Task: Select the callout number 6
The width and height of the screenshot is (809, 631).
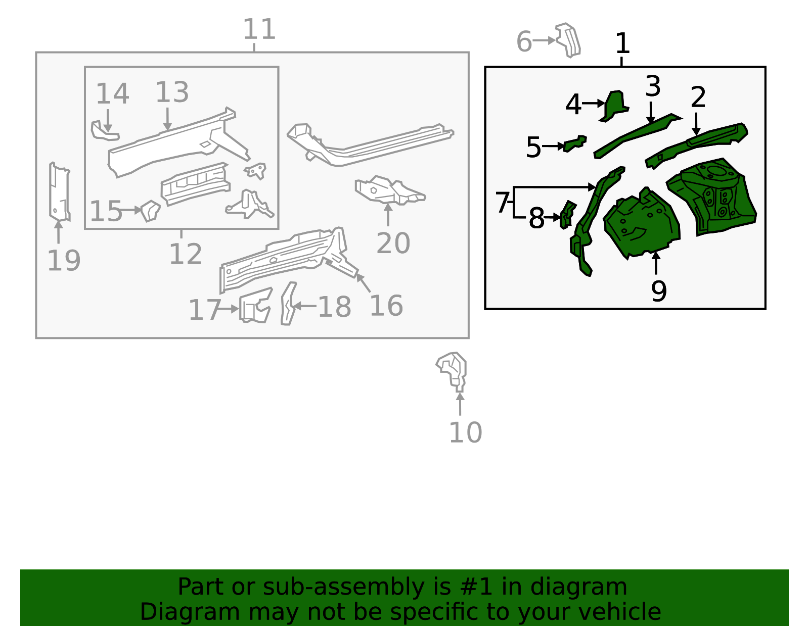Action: [524, 41]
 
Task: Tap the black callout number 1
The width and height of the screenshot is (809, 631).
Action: [622, 43]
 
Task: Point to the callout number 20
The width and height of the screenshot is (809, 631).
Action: [393, 243]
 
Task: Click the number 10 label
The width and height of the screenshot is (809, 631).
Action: [465, 432]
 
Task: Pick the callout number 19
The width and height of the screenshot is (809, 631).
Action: [64, 260]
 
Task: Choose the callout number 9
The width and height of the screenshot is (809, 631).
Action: [659, 291]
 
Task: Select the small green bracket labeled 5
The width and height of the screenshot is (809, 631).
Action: [575, 143]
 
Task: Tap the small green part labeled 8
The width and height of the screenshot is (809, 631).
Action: [568, 215]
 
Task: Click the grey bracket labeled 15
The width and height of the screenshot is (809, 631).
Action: [150, 211]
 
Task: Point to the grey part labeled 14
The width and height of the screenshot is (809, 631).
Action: [105, 130]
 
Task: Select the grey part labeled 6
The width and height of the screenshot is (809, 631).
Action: [568, 40]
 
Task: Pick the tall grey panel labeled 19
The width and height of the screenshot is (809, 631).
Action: [60, 192]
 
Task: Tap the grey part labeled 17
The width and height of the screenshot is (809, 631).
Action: [255, 305]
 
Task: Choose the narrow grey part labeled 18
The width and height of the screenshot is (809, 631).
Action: [288, 304]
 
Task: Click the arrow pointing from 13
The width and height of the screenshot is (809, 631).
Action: [167, 119]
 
